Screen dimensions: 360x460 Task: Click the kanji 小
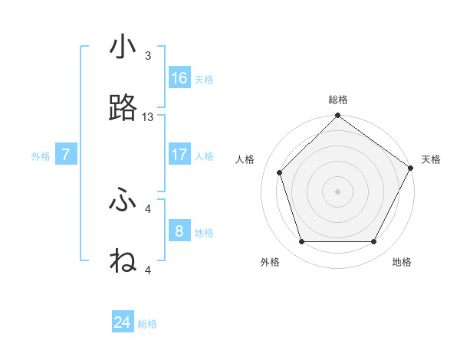pos(123,47)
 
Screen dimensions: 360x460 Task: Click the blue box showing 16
pos(179,78)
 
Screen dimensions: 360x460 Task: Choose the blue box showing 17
pos(179,155)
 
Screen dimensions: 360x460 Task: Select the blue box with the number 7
pos(66,155)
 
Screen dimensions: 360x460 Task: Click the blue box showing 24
pos(123,322)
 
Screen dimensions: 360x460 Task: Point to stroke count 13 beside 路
pos(148,117)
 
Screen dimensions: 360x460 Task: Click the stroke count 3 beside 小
pos(148,56)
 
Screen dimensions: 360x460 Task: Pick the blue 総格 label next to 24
pos(148,324)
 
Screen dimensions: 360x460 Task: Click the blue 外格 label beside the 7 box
pos(41,156)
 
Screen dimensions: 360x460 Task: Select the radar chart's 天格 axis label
pos(431,159)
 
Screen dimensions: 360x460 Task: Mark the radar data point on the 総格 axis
pos(337,116)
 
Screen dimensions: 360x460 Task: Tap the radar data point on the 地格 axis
pos(374,242)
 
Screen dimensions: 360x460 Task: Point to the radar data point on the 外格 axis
pos(301,242)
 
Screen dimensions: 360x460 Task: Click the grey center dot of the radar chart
pos(337,191)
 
